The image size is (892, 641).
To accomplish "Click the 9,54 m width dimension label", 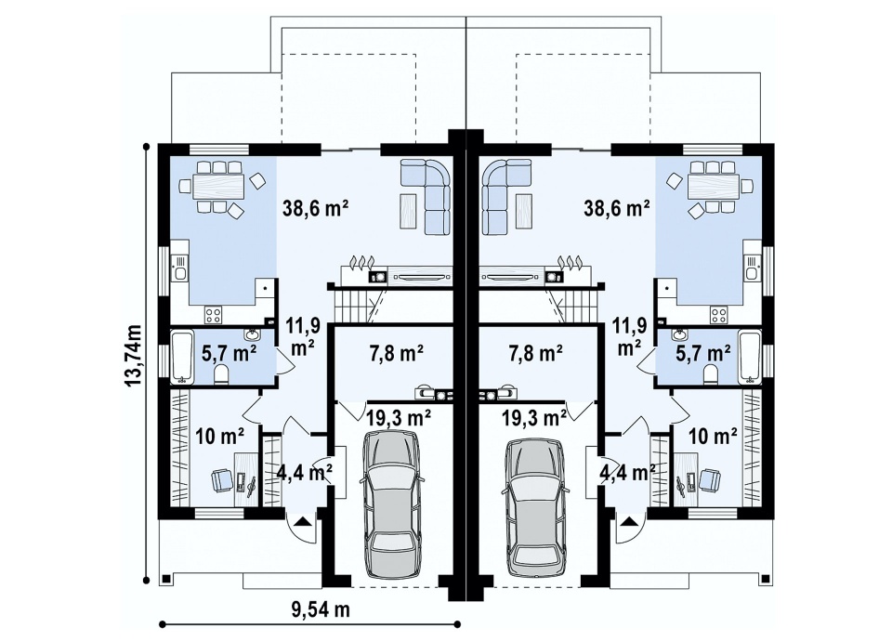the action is (321, 609).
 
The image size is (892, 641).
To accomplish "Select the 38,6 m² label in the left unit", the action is (316, 209).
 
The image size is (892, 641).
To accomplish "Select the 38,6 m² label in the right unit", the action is (617, 209).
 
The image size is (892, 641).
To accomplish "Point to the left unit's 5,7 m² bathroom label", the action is (229, 354).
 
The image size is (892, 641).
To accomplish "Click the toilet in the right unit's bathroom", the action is (711, 374).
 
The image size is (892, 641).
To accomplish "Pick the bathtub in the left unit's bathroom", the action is (181, 357).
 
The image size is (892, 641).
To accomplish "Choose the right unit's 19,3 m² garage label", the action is (534, 418).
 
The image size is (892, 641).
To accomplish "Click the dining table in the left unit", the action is (219, 186).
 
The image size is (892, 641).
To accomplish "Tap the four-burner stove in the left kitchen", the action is (214, 315).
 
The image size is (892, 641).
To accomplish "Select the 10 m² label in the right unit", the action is (713, 437).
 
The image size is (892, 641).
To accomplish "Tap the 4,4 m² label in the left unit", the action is (305, 472).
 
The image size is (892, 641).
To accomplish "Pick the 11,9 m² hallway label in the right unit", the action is (630, 336).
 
